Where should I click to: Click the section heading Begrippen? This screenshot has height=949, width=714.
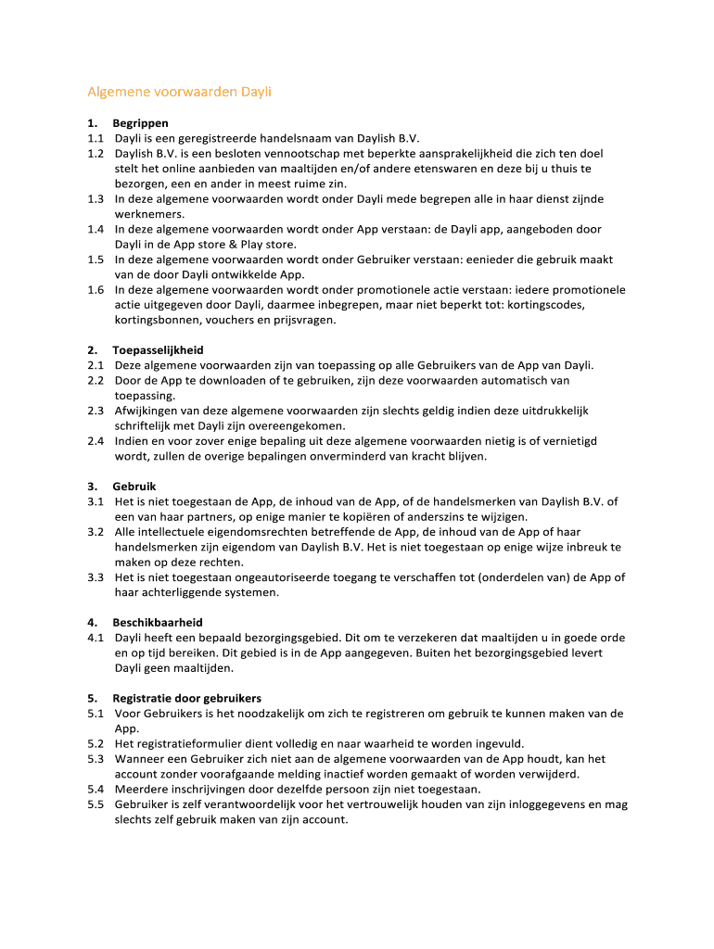pyautogui.click(x=140, y=122)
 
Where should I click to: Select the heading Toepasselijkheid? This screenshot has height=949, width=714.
pyautogui.click(x=158, y=350)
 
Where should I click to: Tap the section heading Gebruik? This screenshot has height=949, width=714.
pyautogui.click(x=134, y=487)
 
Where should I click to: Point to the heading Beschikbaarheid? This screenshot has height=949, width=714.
pyautogui.click(x=158, y=623)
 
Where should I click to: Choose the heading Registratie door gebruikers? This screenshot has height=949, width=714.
pyautogui.click(x=186, y=698)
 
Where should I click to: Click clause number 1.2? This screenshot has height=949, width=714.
pyautogui.click(x=96, y=153)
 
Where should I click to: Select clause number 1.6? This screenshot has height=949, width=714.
pyautogui.click(x=96, y=289)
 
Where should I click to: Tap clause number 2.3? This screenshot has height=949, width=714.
pyautogui.click(x=96, y=411)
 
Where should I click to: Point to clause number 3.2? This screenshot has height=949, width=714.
pyautogui.click(x=96, y=532)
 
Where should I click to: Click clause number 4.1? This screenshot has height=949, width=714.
pyautogui.click(x=96, y=638)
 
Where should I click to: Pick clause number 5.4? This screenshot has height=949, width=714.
pyautogui.click(x=96, y=789)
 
